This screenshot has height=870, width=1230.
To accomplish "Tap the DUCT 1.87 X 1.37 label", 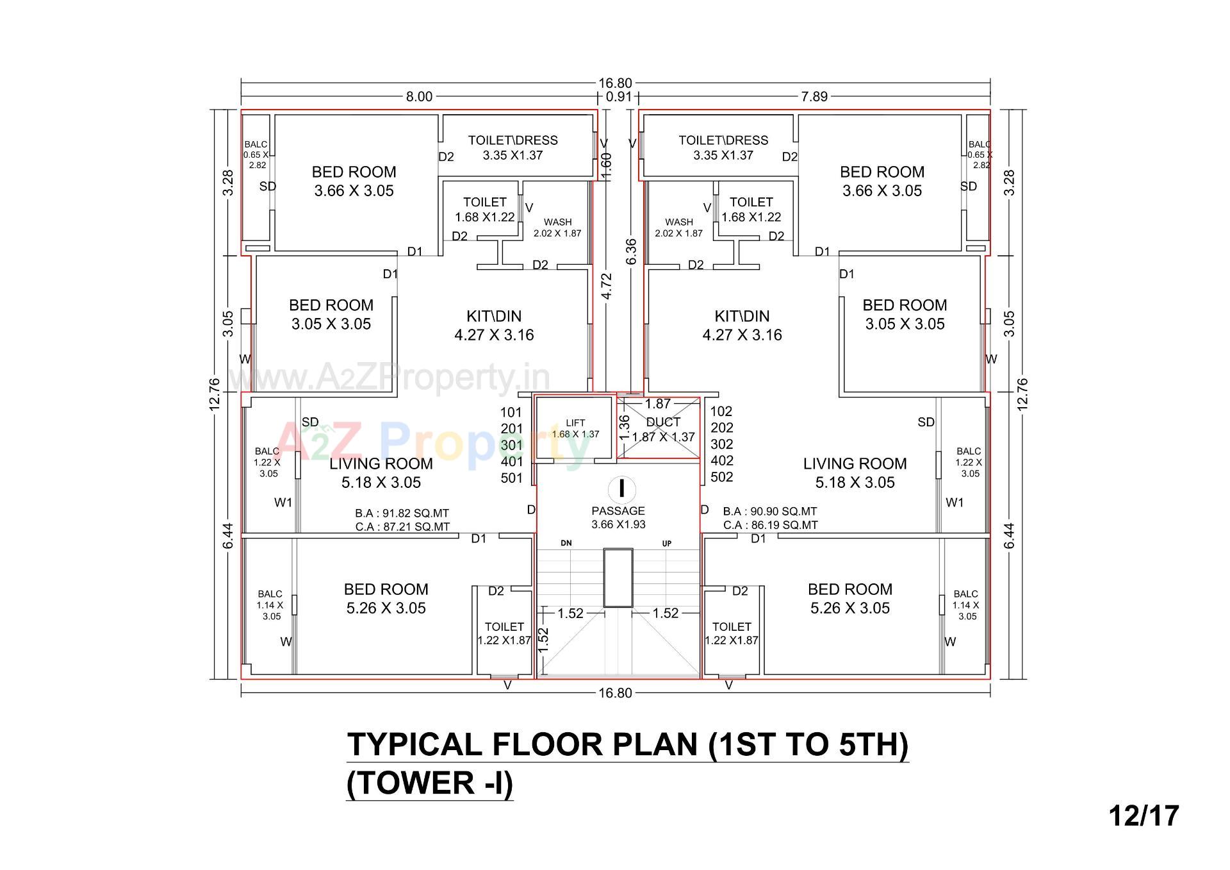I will point(663,430).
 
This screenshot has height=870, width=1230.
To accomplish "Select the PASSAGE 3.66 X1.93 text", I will point(618,517).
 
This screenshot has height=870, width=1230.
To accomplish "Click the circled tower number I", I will point(621,489).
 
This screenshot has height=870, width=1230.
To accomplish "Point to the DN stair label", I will point(566,543).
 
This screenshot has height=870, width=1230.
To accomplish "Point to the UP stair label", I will point(667,543).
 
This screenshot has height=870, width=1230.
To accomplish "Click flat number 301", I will point(512,445).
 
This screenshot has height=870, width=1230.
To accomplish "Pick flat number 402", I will point(722,460).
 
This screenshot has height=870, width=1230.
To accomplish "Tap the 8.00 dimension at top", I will point(419,97).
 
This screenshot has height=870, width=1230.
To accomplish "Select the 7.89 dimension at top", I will point(814,97).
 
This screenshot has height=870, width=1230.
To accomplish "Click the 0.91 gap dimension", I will point(618,97).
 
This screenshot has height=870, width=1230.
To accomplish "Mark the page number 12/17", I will point(1144,816).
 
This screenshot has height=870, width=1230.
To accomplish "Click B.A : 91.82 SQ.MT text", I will point(402,514).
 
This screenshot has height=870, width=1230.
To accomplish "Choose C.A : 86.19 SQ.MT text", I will point(770,525).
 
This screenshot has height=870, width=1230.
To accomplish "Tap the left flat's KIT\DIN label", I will point(494,325).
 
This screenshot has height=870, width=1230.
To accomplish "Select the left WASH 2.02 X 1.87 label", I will point(557,228).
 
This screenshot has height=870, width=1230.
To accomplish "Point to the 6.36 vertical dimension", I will point(632,251).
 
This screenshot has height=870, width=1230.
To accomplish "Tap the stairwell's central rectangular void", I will point(618,577).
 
